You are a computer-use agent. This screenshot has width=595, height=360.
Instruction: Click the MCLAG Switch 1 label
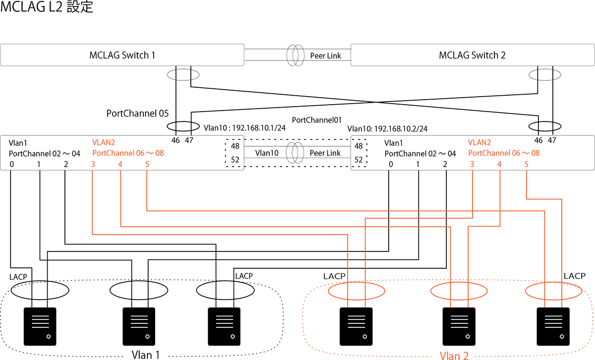tap(122, 55)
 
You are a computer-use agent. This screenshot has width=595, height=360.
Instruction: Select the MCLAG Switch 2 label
tap(472, 55)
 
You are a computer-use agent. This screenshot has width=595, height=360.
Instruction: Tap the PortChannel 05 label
tap(137, 114)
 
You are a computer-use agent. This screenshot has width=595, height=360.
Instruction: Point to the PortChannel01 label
tap(317, 120)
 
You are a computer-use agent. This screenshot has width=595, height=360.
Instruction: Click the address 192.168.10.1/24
tap(259, 128)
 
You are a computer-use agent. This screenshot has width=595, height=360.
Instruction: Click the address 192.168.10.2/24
tap(401, 129)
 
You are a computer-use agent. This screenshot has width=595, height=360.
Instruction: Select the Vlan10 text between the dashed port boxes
tap(267, 153)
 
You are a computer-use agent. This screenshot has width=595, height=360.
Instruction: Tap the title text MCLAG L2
tap(31, 6)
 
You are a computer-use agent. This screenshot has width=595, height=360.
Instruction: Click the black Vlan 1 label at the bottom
tap(146, 355)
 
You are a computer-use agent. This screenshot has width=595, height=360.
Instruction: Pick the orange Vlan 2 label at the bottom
tap(454, 356)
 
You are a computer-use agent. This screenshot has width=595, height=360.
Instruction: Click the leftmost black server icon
tap(40, 326)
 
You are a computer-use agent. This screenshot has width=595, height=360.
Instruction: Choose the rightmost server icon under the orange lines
tap(553, 326)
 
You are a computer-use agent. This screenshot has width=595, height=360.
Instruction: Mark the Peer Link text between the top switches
tap(325, 56)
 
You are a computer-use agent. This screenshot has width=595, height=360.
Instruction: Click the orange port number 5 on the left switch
tap(147, 164)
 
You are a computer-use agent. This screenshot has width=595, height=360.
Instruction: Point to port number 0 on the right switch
tap(391, 164)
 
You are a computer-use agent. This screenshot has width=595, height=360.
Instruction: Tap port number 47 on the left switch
tap(189, 140)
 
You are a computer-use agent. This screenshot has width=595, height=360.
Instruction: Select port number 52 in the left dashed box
tap(235, 160)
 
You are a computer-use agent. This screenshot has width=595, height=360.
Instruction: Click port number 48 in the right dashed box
tap(358, 146)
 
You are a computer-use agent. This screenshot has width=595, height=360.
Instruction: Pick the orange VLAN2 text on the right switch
tap(479, 142)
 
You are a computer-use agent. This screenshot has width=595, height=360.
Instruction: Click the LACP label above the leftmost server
tap(18, 277)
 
